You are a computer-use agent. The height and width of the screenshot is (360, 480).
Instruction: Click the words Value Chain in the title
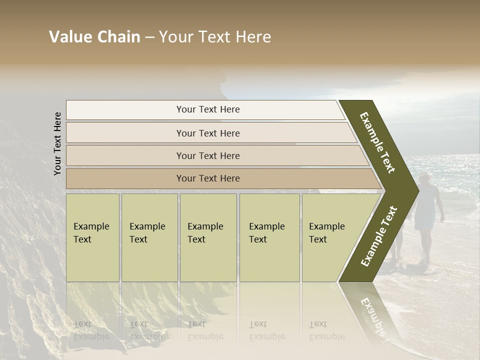[94, 37]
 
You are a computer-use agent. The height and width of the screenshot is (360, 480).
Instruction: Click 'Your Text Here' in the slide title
[215, 37]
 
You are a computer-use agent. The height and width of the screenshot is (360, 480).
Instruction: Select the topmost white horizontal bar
[208, 109]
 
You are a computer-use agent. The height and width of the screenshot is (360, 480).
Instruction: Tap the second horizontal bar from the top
[208, 133]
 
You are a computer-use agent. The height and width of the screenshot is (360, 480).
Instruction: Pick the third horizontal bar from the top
[208, 155]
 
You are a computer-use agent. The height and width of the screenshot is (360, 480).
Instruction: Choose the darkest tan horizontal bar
[208, 178]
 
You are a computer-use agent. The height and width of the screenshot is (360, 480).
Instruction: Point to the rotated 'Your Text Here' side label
[57, 143]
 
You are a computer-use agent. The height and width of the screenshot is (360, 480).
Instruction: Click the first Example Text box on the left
[92, 237]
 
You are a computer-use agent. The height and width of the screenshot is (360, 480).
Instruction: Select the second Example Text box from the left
[149, 237]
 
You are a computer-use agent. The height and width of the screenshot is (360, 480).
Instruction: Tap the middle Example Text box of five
[208, 237]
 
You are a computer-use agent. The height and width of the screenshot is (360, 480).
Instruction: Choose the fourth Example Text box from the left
[269, 237]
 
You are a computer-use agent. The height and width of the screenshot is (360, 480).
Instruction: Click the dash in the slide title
[149, 37]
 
